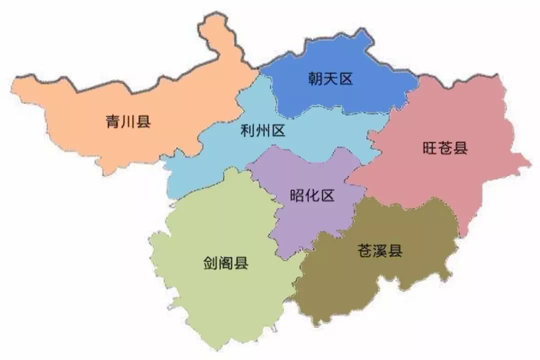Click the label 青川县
pos(128,121)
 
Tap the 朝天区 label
pos(330,78)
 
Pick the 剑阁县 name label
pos(226,263)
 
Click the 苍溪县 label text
pos(380,250)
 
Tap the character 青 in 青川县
pos(113,121)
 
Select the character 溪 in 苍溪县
pos(380,250)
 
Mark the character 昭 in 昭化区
pos(297,195)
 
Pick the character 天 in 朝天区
pos(330,78)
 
